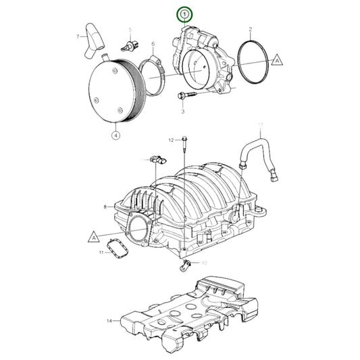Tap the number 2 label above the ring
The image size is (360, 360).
[x=251, y=30]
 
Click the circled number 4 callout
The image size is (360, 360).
[x=115, y=134]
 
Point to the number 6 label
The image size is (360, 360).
[x=153, y=43]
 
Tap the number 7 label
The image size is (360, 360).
[x=78, y=36]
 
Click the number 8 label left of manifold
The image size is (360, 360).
[x=105, y=207]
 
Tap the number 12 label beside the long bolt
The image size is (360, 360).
[x=172, y=140]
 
